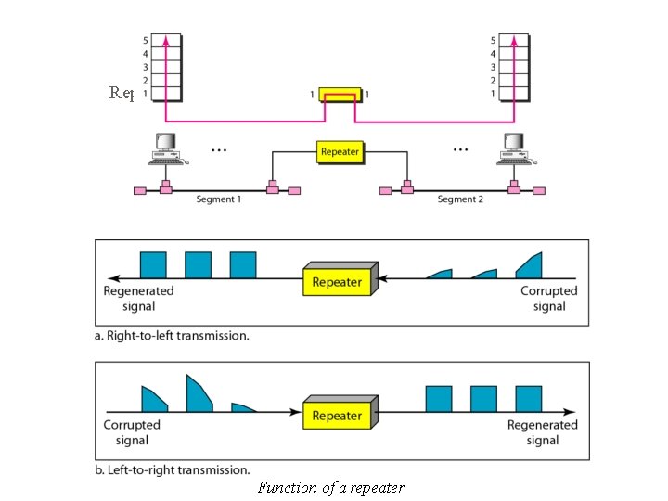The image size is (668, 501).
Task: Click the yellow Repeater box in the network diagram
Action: (339, 150)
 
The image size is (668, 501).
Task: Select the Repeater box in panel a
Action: (337, 282)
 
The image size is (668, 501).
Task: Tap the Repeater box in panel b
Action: (337, 417)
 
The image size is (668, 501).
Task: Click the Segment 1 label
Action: (219, 199)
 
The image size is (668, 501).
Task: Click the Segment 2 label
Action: (460, 199)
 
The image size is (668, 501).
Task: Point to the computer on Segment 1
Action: (165, 148)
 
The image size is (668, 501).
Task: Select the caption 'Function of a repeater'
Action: (331, 487)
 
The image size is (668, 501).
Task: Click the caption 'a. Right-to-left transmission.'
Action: (173, 336)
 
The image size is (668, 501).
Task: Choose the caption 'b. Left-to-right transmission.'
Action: (173, 469)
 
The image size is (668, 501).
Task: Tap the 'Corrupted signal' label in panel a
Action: (548, 298)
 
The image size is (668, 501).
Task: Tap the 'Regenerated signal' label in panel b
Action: (542, 432)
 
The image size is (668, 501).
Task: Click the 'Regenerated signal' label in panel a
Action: (138, 298)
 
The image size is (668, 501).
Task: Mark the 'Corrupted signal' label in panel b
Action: (132, 432)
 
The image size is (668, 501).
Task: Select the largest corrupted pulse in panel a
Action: (530, 265)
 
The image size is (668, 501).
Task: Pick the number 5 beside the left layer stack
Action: (145, 41)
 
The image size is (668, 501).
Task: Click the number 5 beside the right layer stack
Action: (492, 41)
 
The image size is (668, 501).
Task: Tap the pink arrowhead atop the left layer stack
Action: (166, 40)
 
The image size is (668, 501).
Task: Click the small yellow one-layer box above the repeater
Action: (339, 95)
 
